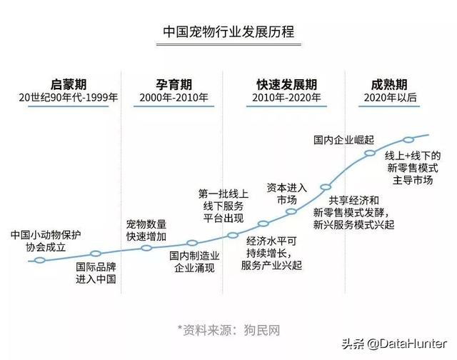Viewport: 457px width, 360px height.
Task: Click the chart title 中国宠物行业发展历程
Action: [228, 31]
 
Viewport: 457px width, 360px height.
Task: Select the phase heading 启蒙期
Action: [69, 84]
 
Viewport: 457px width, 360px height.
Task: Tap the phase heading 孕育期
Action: [174, 84]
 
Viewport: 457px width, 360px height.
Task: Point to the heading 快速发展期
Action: [287, 84]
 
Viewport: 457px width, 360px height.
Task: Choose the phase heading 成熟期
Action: [389, 84]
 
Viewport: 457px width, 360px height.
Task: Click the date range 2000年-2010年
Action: [174, 97]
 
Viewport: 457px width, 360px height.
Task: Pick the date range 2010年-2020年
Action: [287, 97]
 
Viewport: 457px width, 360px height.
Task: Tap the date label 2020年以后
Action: [391, 97]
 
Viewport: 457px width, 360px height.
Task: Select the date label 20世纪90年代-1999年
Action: [69, 97]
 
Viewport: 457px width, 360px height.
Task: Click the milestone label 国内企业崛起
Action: [344, 140]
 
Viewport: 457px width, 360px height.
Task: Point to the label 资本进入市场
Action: [287, 194]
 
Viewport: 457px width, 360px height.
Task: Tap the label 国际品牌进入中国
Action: [96, 273]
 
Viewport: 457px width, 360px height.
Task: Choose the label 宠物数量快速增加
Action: [146, 231]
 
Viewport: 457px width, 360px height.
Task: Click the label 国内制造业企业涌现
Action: [194, 261]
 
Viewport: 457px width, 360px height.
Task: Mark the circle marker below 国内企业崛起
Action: [370, 153]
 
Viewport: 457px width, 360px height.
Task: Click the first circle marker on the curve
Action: [40, 260]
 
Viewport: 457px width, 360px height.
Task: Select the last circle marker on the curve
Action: [408, 140]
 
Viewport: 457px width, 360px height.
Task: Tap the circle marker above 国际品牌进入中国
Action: [96, 254]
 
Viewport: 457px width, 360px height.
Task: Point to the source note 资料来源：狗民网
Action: [228, 330]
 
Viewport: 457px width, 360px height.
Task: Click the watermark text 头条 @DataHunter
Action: [394, 344]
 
